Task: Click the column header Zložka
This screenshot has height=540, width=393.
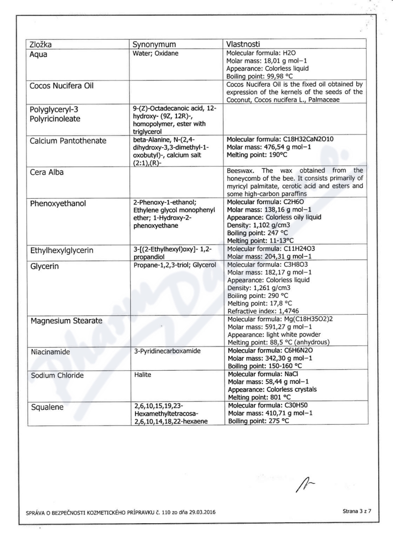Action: point(41,45)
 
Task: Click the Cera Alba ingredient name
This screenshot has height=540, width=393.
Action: point(49,172)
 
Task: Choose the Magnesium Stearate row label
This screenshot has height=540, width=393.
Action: point(66,321)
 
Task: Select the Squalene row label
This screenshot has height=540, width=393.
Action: point(47,406)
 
